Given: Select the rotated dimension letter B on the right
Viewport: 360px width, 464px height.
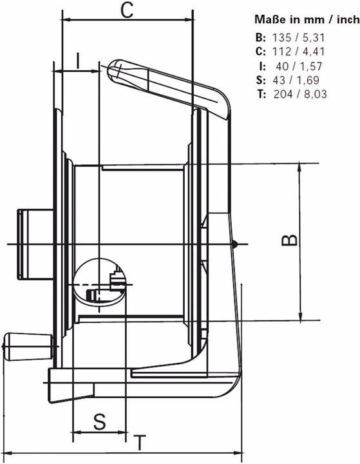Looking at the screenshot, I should [x=290, y=240].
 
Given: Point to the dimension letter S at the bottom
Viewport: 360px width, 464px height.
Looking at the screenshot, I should [x=99, y=422].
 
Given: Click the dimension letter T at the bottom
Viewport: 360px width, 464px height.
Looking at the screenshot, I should [x=138, y=444].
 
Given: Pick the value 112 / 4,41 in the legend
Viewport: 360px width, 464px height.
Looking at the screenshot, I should [x=308, y=51].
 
